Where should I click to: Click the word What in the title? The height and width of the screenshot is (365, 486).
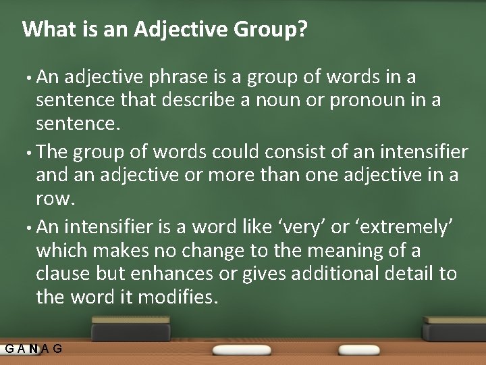(45, 29)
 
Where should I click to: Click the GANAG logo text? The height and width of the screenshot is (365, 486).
(34, 349)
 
